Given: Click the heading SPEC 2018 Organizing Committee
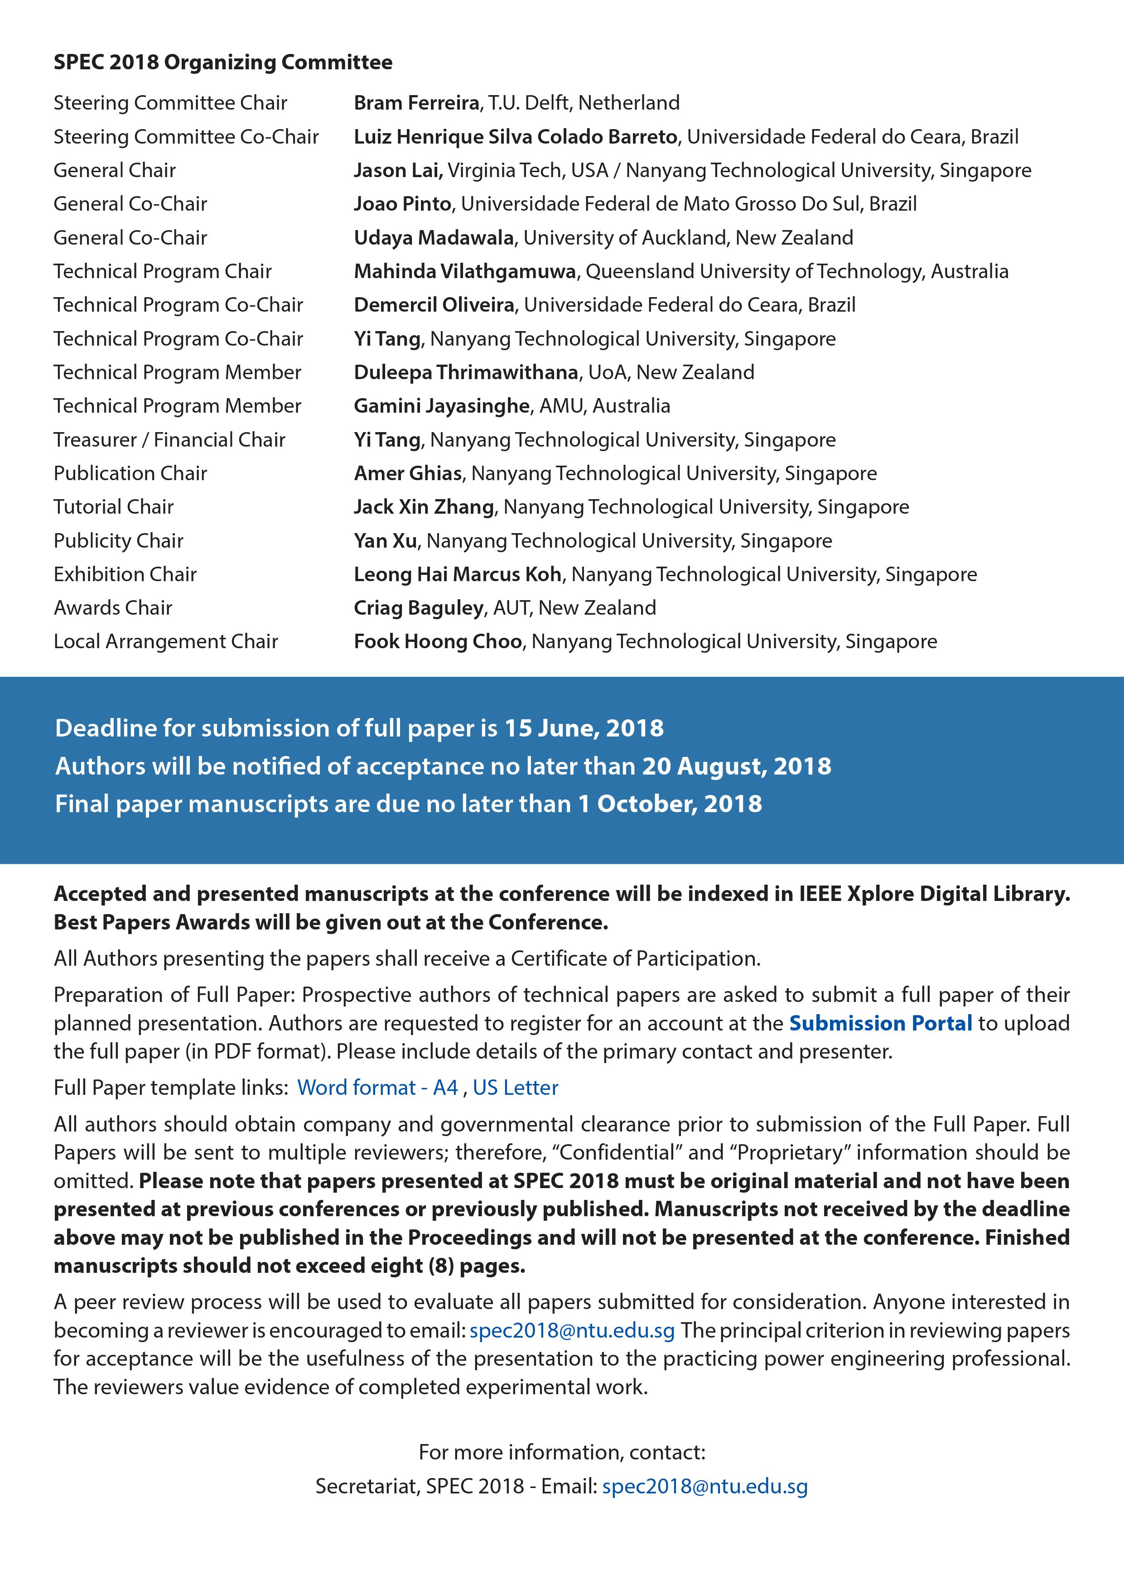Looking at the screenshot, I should tap(223, 63).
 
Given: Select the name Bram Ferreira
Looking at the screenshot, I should tap(416, 103).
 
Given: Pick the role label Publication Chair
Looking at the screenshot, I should tap(130, 473).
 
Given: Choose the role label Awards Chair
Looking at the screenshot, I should tap(113, 607).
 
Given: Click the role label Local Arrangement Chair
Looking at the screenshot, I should tap(165, 641).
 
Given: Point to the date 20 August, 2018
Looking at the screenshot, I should tap(736, 766).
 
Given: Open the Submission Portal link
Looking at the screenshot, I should tap(880, 1023).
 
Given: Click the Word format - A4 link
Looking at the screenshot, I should tap(377, 1087).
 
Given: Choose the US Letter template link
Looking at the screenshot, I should tap(515, 1087).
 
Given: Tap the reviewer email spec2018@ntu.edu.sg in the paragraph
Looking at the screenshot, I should tap(572, 1330).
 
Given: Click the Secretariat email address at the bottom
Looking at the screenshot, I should tap(704, 1486).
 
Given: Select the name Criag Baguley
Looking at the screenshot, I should tap(419, 607).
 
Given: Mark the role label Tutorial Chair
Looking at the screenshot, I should tap(114, 506).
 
